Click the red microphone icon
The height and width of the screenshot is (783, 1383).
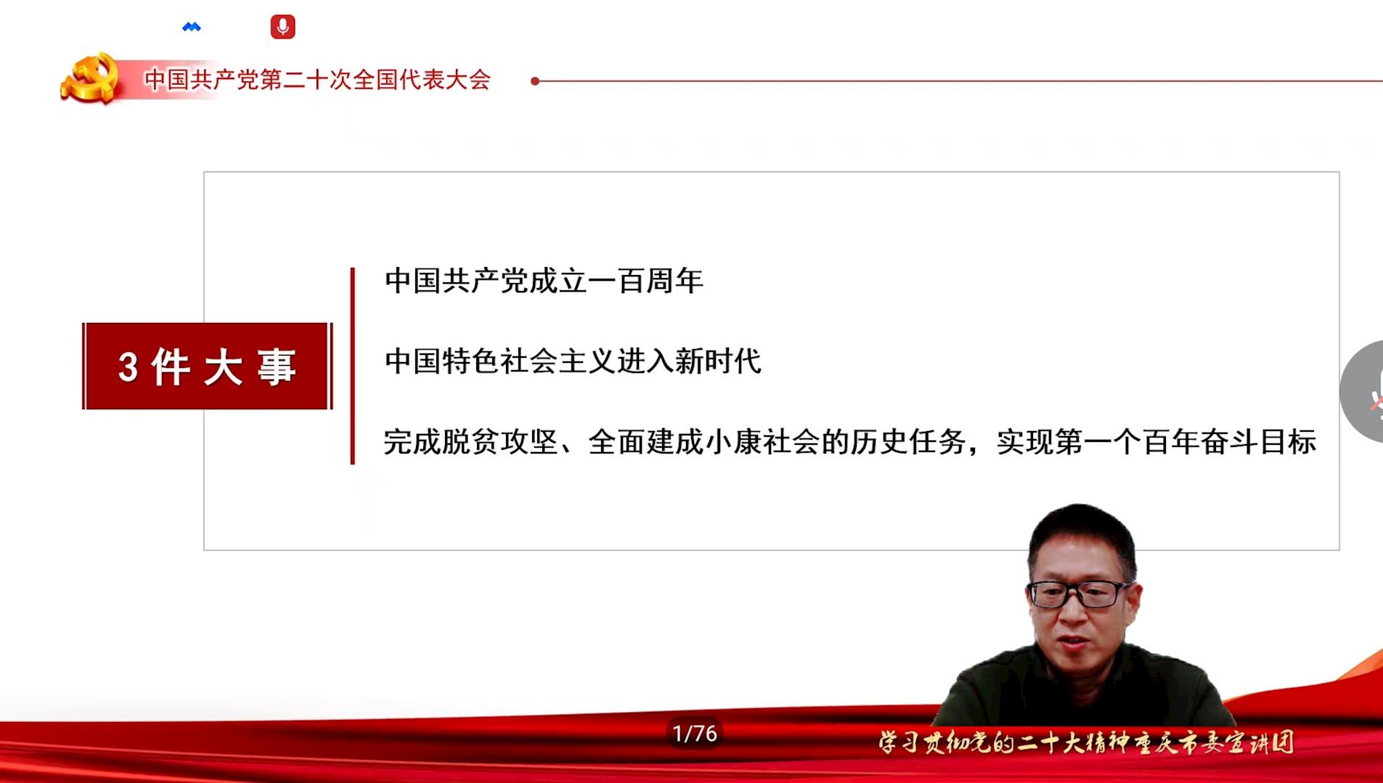[x=282, y=27]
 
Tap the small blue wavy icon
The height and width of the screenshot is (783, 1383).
[x=192, y=28]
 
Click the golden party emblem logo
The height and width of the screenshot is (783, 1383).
[x=90, y=78]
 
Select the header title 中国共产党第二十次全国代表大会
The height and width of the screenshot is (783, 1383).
[x=317, y=79]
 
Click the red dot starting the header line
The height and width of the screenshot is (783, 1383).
[x=535, y=81]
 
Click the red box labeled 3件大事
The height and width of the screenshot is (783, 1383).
[x=208, y=366]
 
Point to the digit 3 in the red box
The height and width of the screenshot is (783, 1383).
[x=128, y=367]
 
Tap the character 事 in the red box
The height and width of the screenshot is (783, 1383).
[x=277, y=366]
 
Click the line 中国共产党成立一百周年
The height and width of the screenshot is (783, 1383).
[x=544, y=281]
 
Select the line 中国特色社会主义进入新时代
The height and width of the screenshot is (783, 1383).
[x=573, y=361]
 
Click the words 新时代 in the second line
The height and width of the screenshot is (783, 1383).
[x=718, y=361]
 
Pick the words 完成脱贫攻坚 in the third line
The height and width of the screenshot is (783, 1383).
[x=470, y=441]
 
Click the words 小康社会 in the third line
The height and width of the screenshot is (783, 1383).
[x=762, y=441]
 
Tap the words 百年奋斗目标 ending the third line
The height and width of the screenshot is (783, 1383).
[x=1230, y=441]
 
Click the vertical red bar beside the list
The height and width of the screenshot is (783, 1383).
[x=353, y=366]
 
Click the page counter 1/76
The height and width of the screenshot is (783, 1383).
[x=695, y=734]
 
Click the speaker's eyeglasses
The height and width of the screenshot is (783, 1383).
[x=1080, y=594]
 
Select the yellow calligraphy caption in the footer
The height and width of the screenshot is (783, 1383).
[x=1086, y=742]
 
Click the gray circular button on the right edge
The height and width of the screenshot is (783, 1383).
[x=1363, y=391]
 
